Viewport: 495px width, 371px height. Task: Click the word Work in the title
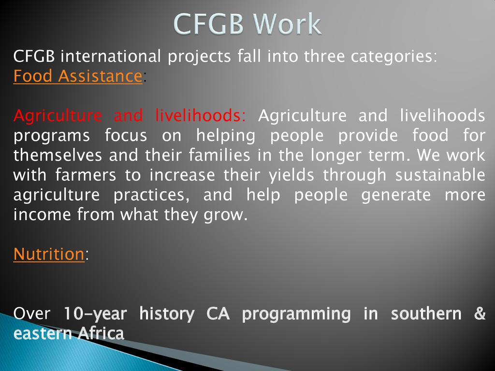(x=287, y=24)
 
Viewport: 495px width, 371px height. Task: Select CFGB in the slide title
(x=209, y=24)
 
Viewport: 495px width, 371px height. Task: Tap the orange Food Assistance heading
(x=78, y=76)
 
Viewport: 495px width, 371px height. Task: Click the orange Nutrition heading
(x=49, y=254)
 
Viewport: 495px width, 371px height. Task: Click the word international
(x=111, y=56)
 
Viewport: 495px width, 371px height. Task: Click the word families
(x=219, y=155)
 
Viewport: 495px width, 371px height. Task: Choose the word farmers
(x=86, y=175)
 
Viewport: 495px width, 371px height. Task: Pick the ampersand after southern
(x=480, y=313)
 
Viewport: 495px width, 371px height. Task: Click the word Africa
(x=101, y=333)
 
